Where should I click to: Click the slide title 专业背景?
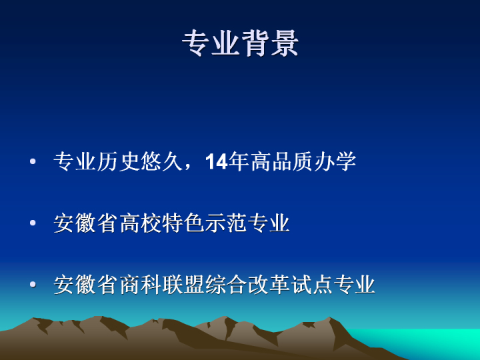tap(240, 43)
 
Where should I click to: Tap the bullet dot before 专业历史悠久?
tap(33, 161)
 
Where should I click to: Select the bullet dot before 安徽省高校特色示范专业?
tap(33, 223)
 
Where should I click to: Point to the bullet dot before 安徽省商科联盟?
tap(33, 285)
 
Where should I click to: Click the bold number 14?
tap(217, 161)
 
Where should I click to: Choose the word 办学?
tap(335, 161)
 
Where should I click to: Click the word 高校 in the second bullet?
tap(140, 223)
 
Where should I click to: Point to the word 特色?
tap(183, 223)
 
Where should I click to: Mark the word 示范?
tap(226, 223)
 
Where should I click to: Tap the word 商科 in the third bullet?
tap(140, 285)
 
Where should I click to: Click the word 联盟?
tap(183, 285)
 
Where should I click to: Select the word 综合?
tap(226, 285)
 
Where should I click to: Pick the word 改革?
tap(269, 285)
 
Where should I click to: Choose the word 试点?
tap(311, 285)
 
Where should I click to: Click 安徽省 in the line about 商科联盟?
tap(86, 285)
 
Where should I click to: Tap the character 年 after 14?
tap(239, 161)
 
